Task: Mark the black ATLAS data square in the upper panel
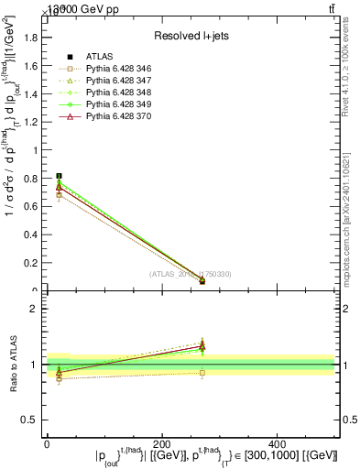(60, 176)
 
